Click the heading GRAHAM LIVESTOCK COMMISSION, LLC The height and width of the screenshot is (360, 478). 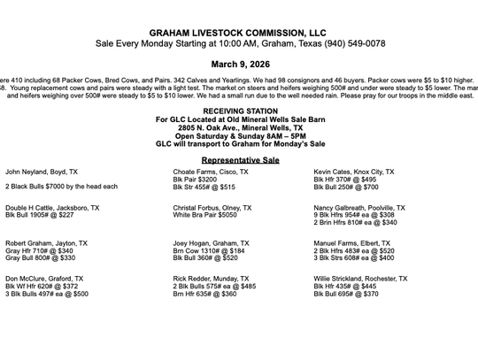pos(240,32)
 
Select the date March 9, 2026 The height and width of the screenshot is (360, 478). pos(240,65)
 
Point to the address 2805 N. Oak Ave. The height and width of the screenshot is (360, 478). pos(240,127)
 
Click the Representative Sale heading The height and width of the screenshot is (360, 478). pos(240,160)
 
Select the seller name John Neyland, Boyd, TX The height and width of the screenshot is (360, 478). pos(42,172)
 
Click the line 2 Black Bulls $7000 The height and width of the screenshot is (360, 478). pos(61,187)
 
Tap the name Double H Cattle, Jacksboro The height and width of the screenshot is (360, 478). pos(52,208)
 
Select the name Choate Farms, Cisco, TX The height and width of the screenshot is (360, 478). pos(211,172)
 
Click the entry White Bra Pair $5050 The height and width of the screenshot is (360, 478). pos(204,215)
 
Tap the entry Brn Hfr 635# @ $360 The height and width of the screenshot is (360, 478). pos(204,294)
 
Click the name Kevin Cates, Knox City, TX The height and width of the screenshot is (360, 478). pos(354,172)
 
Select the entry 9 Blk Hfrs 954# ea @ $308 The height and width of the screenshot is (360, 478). pos(354,215)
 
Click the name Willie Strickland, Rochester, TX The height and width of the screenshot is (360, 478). pos(360,279)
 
